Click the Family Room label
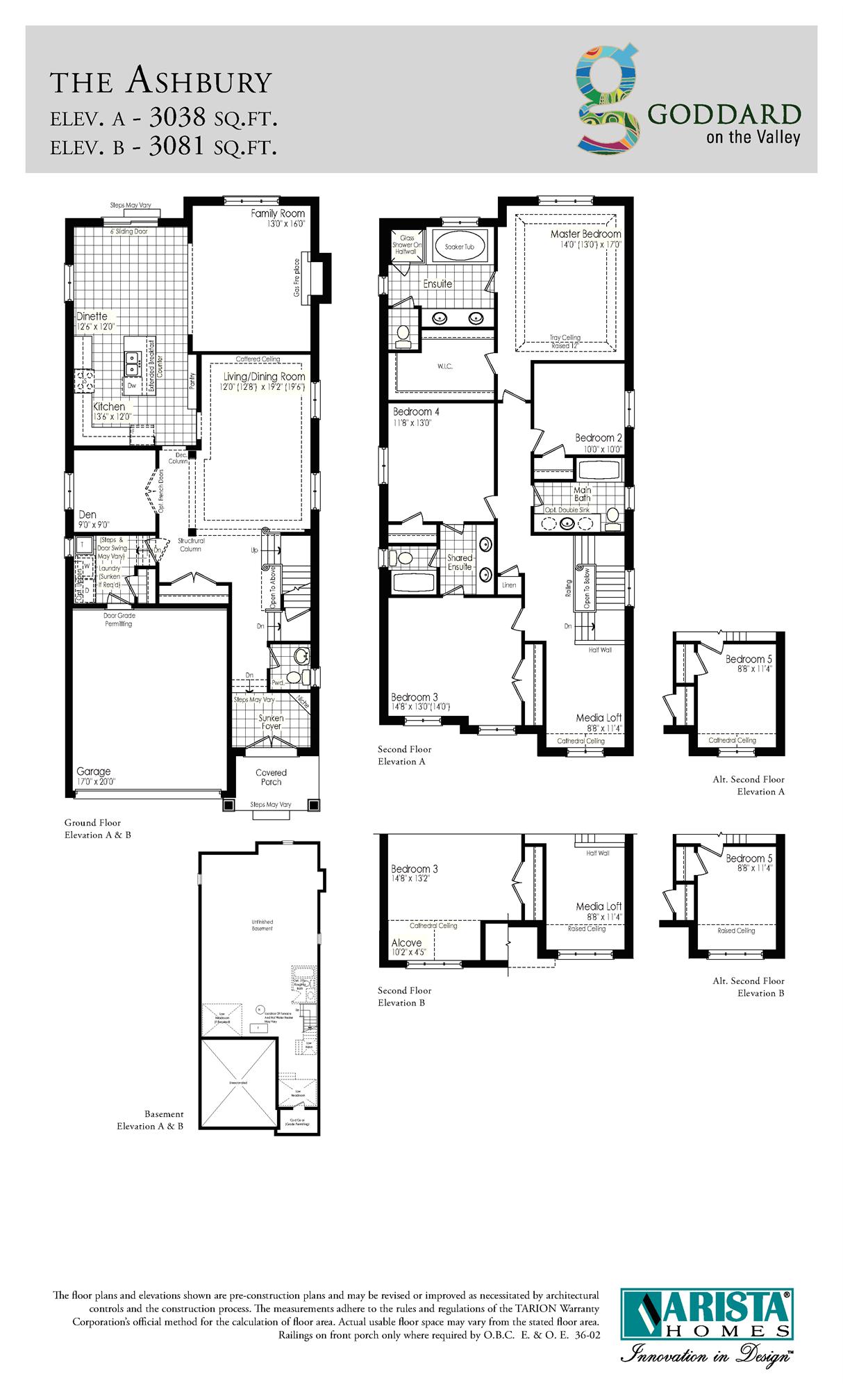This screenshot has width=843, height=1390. point(278,213)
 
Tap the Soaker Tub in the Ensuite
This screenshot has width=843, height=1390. point(459,247)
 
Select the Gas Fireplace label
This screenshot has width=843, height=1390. point(297,277)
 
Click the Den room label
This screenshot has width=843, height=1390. point(87,515)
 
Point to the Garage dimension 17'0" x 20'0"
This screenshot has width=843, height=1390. point(96,782)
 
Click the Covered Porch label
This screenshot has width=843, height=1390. point(271,777)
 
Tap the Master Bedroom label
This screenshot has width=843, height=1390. point(585,234)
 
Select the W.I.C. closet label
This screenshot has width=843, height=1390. point(445,366)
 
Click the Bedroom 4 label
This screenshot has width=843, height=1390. point(416,411)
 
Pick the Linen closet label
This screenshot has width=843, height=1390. point(509,585)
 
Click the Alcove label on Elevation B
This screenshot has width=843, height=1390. point(406,942)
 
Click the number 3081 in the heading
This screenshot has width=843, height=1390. point(177,145)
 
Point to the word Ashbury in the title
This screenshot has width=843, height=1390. point(199,81)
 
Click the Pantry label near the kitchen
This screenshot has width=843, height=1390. point(192,381)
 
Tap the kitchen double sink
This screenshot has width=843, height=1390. point(132,359)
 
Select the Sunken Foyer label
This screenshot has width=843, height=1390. point(271,722)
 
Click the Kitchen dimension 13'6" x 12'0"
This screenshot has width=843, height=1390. point(111,417)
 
